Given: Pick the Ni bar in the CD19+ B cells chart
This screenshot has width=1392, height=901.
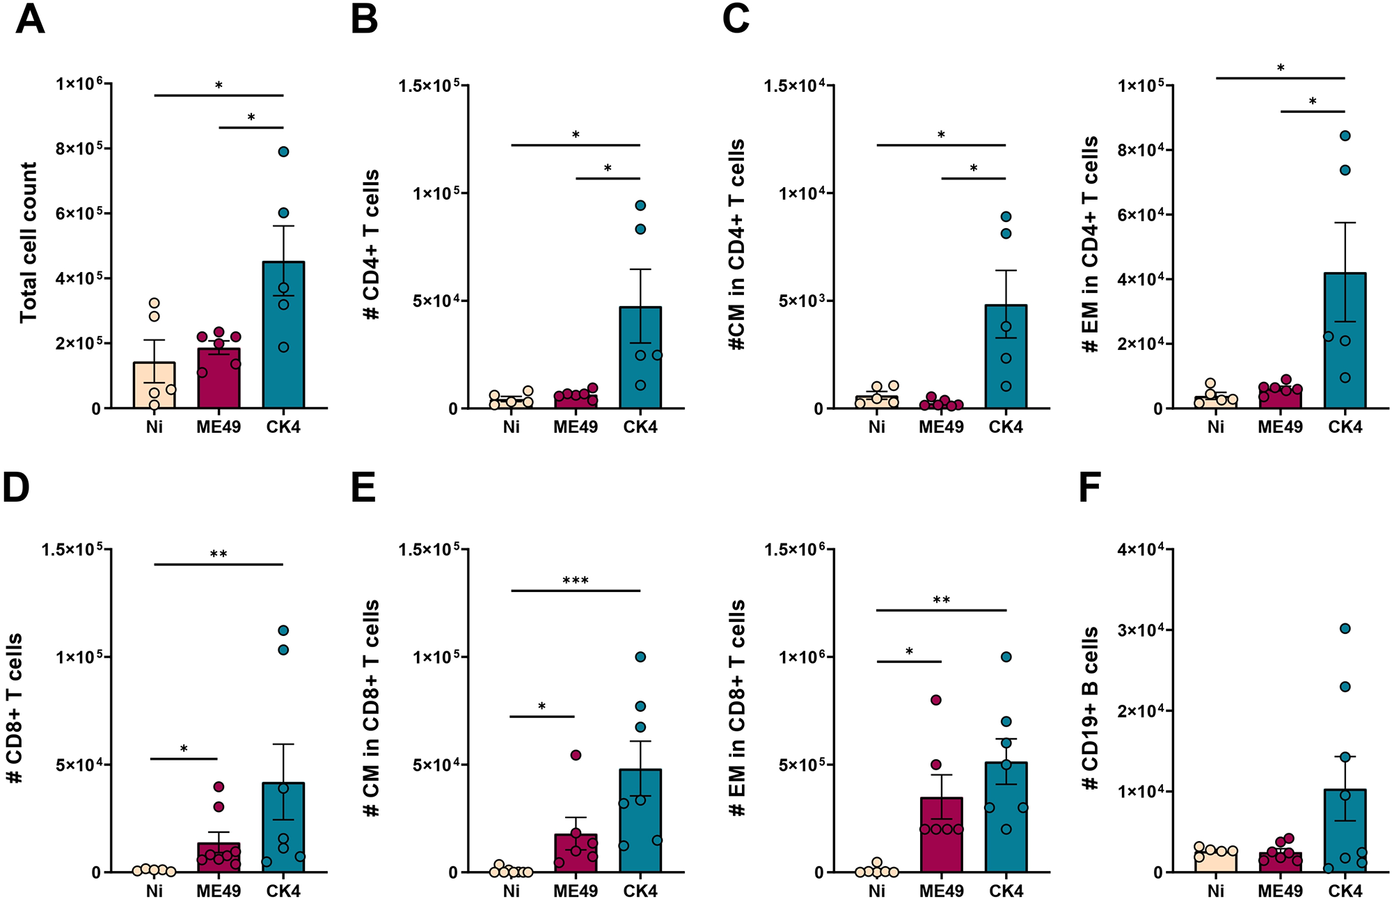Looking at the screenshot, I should pos(1215,861).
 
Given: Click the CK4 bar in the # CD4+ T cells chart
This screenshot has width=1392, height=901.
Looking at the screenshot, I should pos(640,376).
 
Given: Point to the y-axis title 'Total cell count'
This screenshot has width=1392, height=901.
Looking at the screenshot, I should pos(29,243).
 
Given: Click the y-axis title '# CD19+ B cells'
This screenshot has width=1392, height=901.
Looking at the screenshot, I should pos(1090,708).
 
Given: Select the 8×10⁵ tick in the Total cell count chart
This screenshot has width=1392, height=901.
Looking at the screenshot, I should pos(79,149).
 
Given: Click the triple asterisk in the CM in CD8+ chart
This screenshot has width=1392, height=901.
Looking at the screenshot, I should pos(576,581).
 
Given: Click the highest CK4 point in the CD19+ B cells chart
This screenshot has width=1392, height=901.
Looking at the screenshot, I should pos(1345,629).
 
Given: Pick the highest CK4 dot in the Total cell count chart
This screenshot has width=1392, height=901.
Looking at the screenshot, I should pos(283,152).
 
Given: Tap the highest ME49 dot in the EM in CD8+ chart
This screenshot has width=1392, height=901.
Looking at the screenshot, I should pos(936,700).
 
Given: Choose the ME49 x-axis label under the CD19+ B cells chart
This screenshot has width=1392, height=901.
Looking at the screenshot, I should pos(1280,891).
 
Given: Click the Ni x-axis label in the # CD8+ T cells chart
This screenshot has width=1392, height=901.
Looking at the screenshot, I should pos(154,891).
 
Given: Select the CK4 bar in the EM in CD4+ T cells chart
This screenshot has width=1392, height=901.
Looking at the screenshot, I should pos(1345,362).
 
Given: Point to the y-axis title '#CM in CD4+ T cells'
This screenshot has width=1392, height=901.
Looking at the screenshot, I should pos(737,244).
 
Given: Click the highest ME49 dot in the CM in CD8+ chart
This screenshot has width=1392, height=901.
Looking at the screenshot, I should pos(576,755).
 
